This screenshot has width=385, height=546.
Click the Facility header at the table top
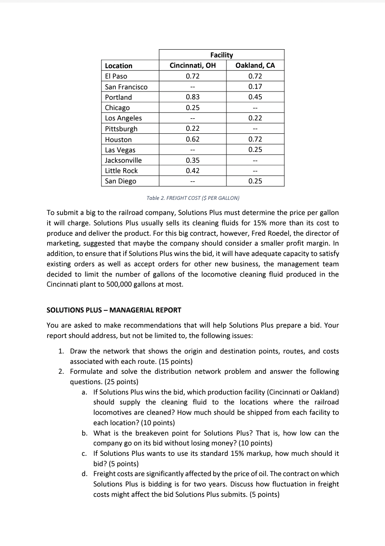click(x=221, y=55)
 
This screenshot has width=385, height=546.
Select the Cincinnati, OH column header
click(x=192, y=66)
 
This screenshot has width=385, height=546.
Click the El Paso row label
click(x=116, y=76)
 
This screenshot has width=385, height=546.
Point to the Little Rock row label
click(x=121, y=170)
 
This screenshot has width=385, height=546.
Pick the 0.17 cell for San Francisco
click(x=255, y=87)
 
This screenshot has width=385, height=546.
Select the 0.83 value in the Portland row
click(x=192, y=97)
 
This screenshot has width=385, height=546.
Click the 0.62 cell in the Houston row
click(x=192, y=139)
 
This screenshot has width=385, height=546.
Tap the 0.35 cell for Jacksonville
click(x=192, y=160)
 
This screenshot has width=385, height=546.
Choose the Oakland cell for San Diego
click(x=255, y=181)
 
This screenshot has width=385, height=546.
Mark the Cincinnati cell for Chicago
click(x=192, y=107)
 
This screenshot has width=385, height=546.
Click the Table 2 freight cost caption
click(x=193, y=198)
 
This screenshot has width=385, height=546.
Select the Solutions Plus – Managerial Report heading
click(x=114, y=310)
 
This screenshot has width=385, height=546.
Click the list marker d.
click(x=84, y=474)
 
